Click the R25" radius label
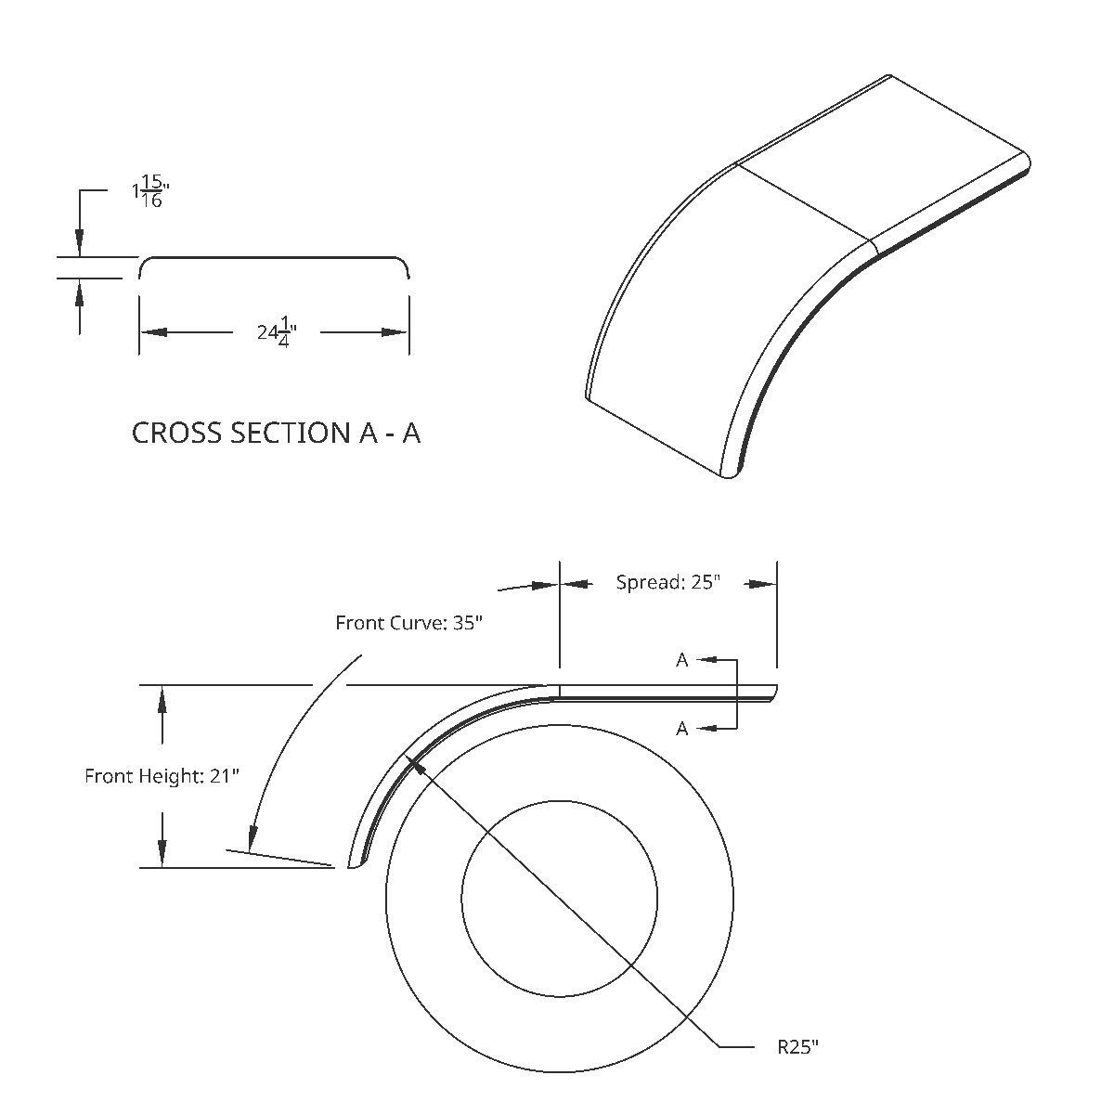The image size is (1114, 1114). pyautogui.click(x=797, y=1047)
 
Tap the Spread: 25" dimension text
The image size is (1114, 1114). pyautogui.click(x=667, y=582)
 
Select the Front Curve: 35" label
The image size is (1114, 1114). pyautogui.click(x=409, y=622)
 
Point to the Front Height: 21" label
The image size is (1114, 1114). pyautogui.click(x=162, y=775)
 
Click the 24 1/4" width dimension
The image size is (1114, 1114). pyautogui.click(x=276, y=330)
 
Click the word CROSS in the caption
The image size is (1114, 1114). pyautogui.click(x=177, y=433)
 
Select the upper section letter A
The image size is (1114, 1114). pyautogui.click(x=681, y=660)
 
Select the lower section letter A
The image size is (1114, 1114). pyautogui.click(x=681, y=729)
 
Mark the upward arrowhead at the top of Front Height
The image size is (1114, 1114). pyautogui.click(x=162, y=698)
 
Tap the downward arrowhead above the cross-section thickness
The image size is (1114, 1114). pyautogui.click(x=80, y=243)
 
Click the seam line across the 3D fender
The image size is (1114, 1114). pyautogui.click(x=806, y=202)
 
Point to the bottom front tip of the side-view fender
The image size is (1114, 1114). pyautogui.click(x=353, y=865)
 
